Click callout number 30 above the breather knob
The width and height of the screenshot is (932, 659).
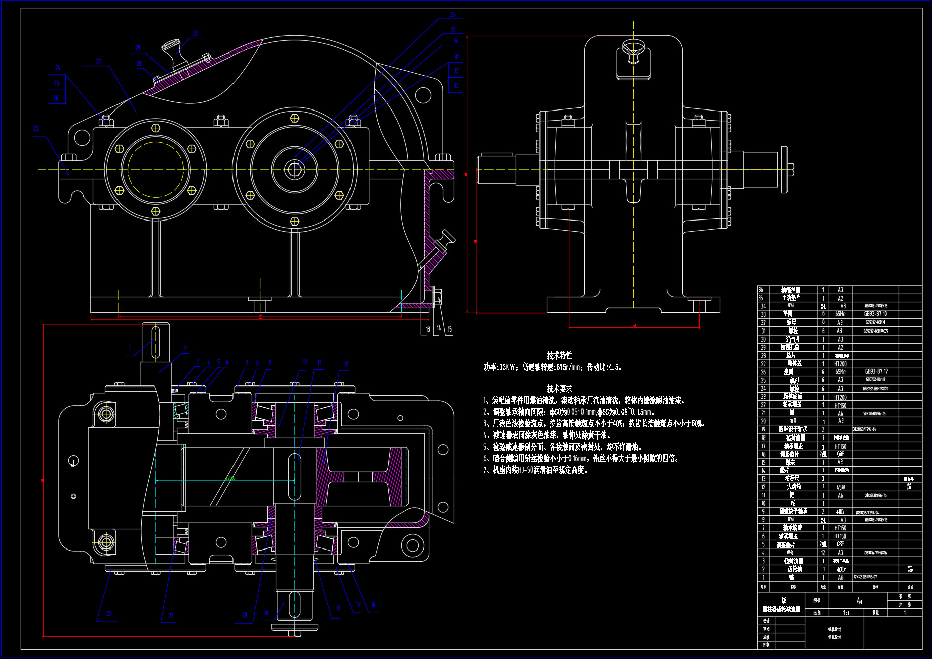(x=195, y=34)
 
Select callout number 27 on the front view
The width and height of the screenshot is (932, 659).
(x=99, y=62)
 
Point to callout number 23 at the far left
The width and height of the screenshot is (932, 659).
(x=36, y=128)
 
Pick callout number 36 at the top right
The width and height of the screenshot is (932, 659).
(x=452, y=15)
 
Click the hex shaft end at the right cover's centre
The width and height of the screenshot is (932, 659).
(x=295, y=169)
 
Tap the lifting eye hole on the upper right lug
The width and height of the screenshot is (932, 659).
(x=423, y=95)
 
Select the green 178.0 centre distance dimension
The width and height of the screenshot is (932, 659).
(x=230, y=478)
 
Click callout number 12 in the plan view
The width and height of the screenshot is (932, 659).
(x=346, y=364)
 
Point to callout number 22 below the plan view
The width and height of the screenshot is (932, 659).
(x=109, y=614)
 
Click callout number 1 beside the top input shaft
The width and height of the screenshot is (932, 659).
(x=130, y=348)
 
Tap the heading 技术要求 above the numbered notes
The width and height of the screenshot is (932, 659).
(x=559, y=389)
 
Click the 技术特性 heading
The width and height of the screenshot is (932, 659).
(x=559, y=355)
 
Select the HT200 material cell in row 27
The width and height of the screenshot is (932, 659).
(x=840, y=364)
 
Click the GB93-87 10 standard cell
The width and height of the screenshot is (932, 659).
(x=875, y=314)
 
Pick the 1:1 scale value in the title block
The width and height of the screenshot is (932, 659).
(x=846, y=613)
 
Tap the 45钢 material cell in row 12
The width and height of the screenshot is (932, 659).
(x=840, y=487)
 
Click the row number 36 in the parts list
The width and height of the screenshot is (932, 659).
(x=761, y=290)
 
